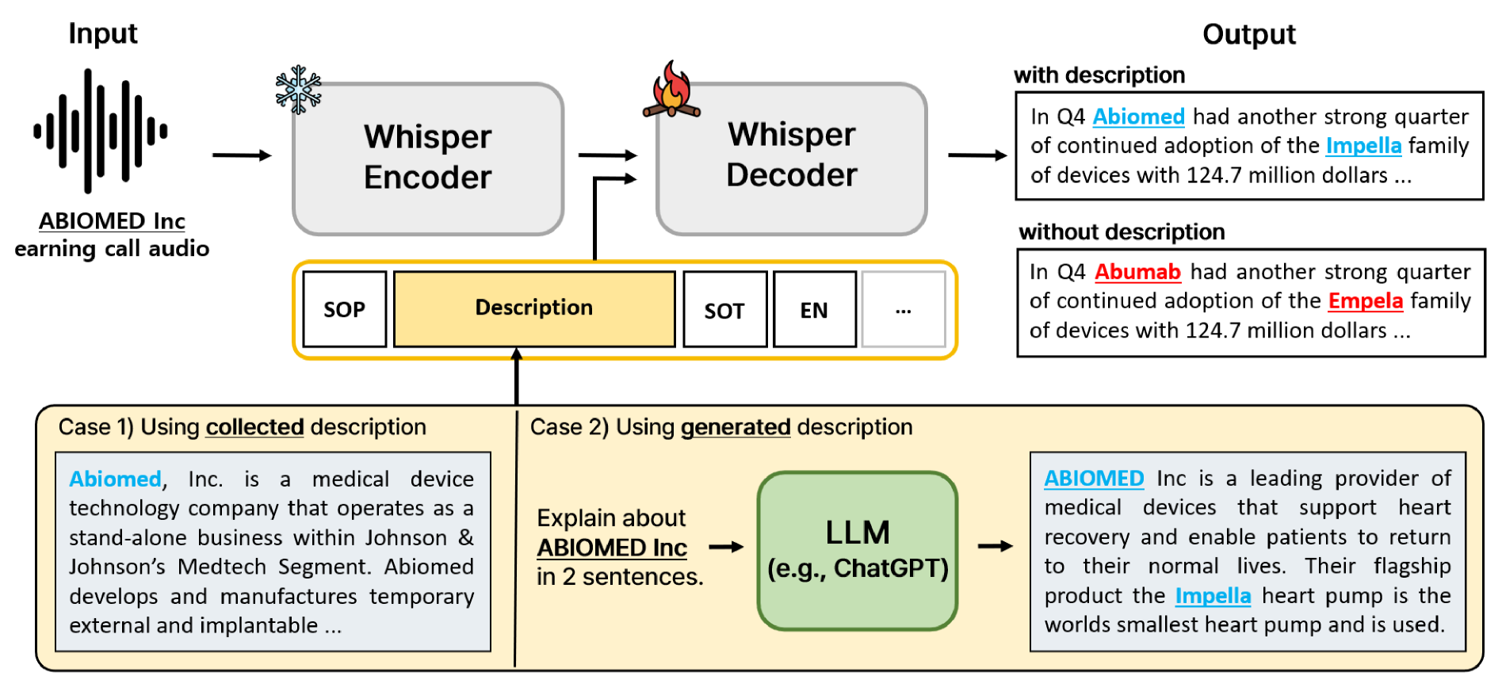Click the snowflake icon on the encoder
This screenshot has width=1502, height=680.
click(x=298, y=90)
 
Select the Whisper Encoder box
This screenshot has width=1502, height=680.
click(x=428, y=159)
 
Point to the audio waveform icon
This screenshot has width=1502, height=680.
click(x=101, y=131)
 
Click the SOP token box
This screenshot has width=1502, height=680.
click(x=344, y=310)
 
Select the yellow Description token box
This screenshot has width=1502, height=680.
click(x=534, y=308)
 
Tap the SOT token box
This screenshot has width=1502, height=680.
click(x=724, y=310)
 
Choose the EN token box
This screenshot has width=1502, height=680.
click(x=814, y=310)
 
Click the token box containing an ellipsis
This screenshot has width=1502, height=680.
click(x=903, y=310)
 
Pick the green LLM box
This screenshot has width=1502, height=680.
click(x=857, y=551)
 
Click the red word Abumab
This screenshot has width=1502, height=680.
click(x=1137, y=273)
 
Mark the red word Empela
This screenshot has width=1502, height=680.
click(x=1365, y=301)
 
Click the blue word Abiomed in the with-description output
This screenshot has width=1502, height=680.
click(x=1138, y=117)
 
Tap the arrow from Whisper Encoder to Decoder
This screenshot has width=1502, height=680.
click(x=608, y=155)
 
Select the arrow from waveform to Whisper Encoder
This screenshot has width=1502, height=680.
click(x=242, y=155)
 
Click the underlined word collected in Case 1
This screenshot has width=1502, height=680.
click(x=254, y=427)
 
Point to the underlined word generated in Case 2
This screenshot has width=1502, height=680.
click(x=735, y=427)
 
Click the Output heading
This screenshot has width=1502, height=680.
click(x=1248, y=35)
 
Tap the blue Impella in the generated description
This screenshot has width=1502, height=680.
click(x=1212, y=596)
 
